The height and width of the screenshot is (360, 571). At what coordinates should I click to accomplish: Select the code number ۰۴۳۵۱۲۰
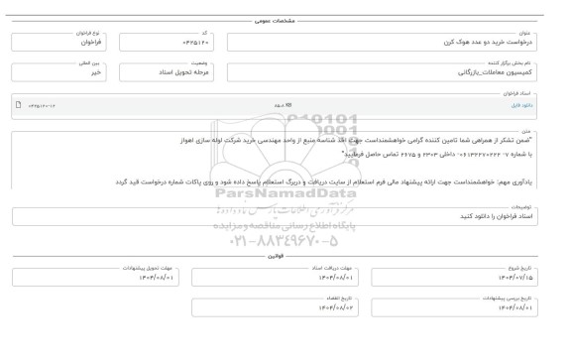[x=194, y=45]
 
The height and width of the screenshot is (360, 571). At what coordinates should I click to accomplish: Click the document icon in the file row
[x=19, y=104]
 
